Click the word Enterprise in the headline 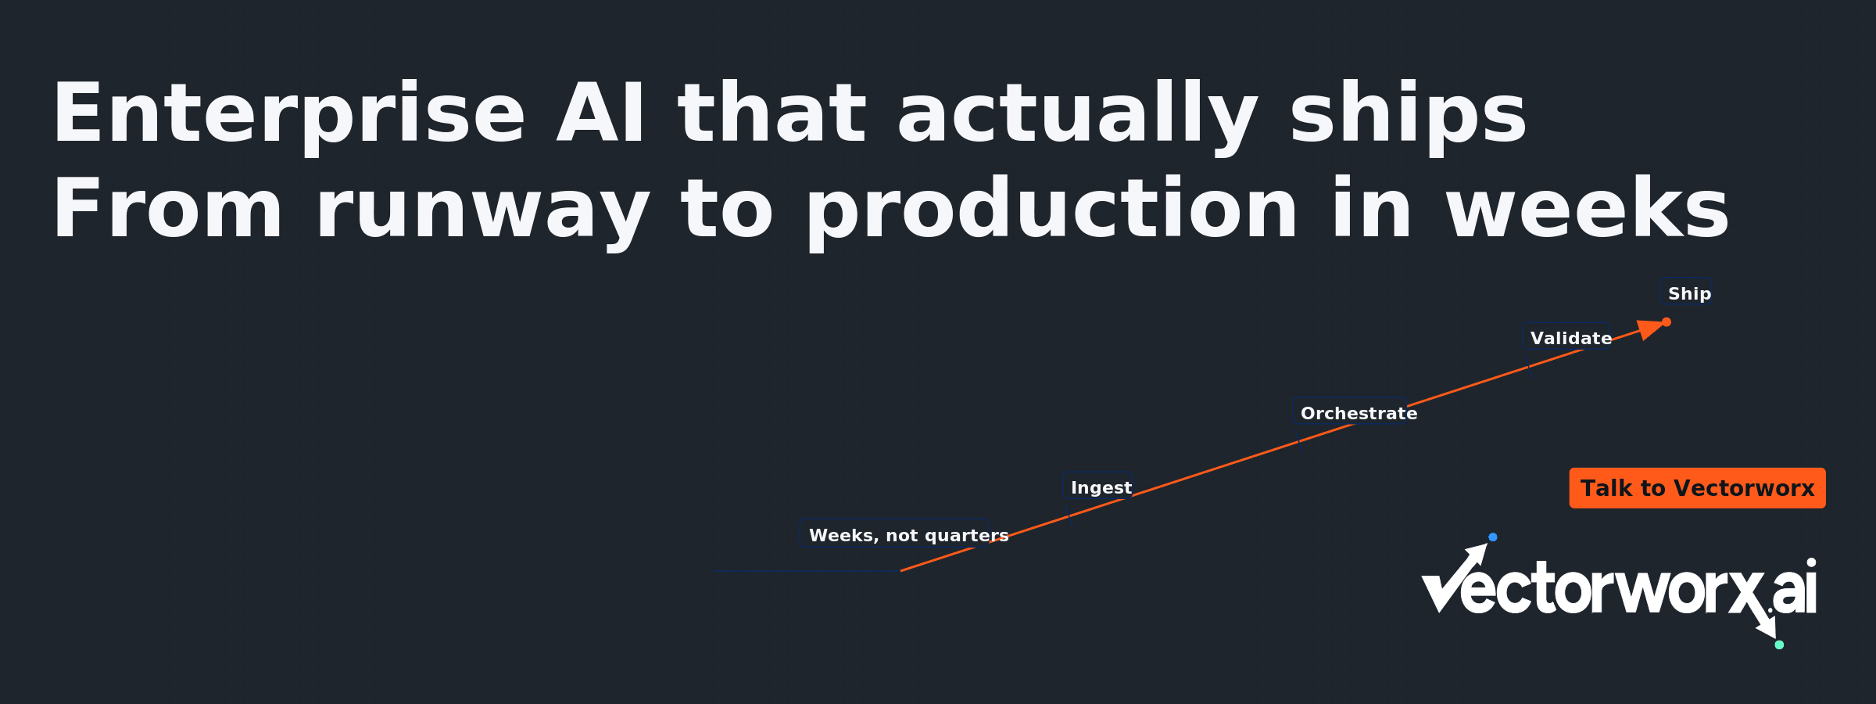[288, 114]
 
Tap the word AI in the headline [600, 114]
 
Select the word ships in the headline [1408, 114]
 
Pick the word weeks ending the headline [1588, 208]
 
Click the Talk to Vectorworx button [1697, 488]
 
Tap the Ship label [1690, 293]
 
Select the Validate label [1571, 338]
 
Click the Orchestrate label [1359, 413]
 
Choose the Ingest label [1101, 487]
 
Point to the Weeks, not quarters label [908, 535]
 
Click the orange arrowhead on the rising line [1649, 329]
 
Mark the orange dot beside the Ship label [1667, 321]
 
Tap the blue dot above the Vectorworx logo [1493, 537]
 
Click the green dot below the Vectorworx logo [1779, 645]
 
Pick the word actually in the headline [1078, 114]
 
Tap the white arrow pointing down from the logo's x [1766, 623]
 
